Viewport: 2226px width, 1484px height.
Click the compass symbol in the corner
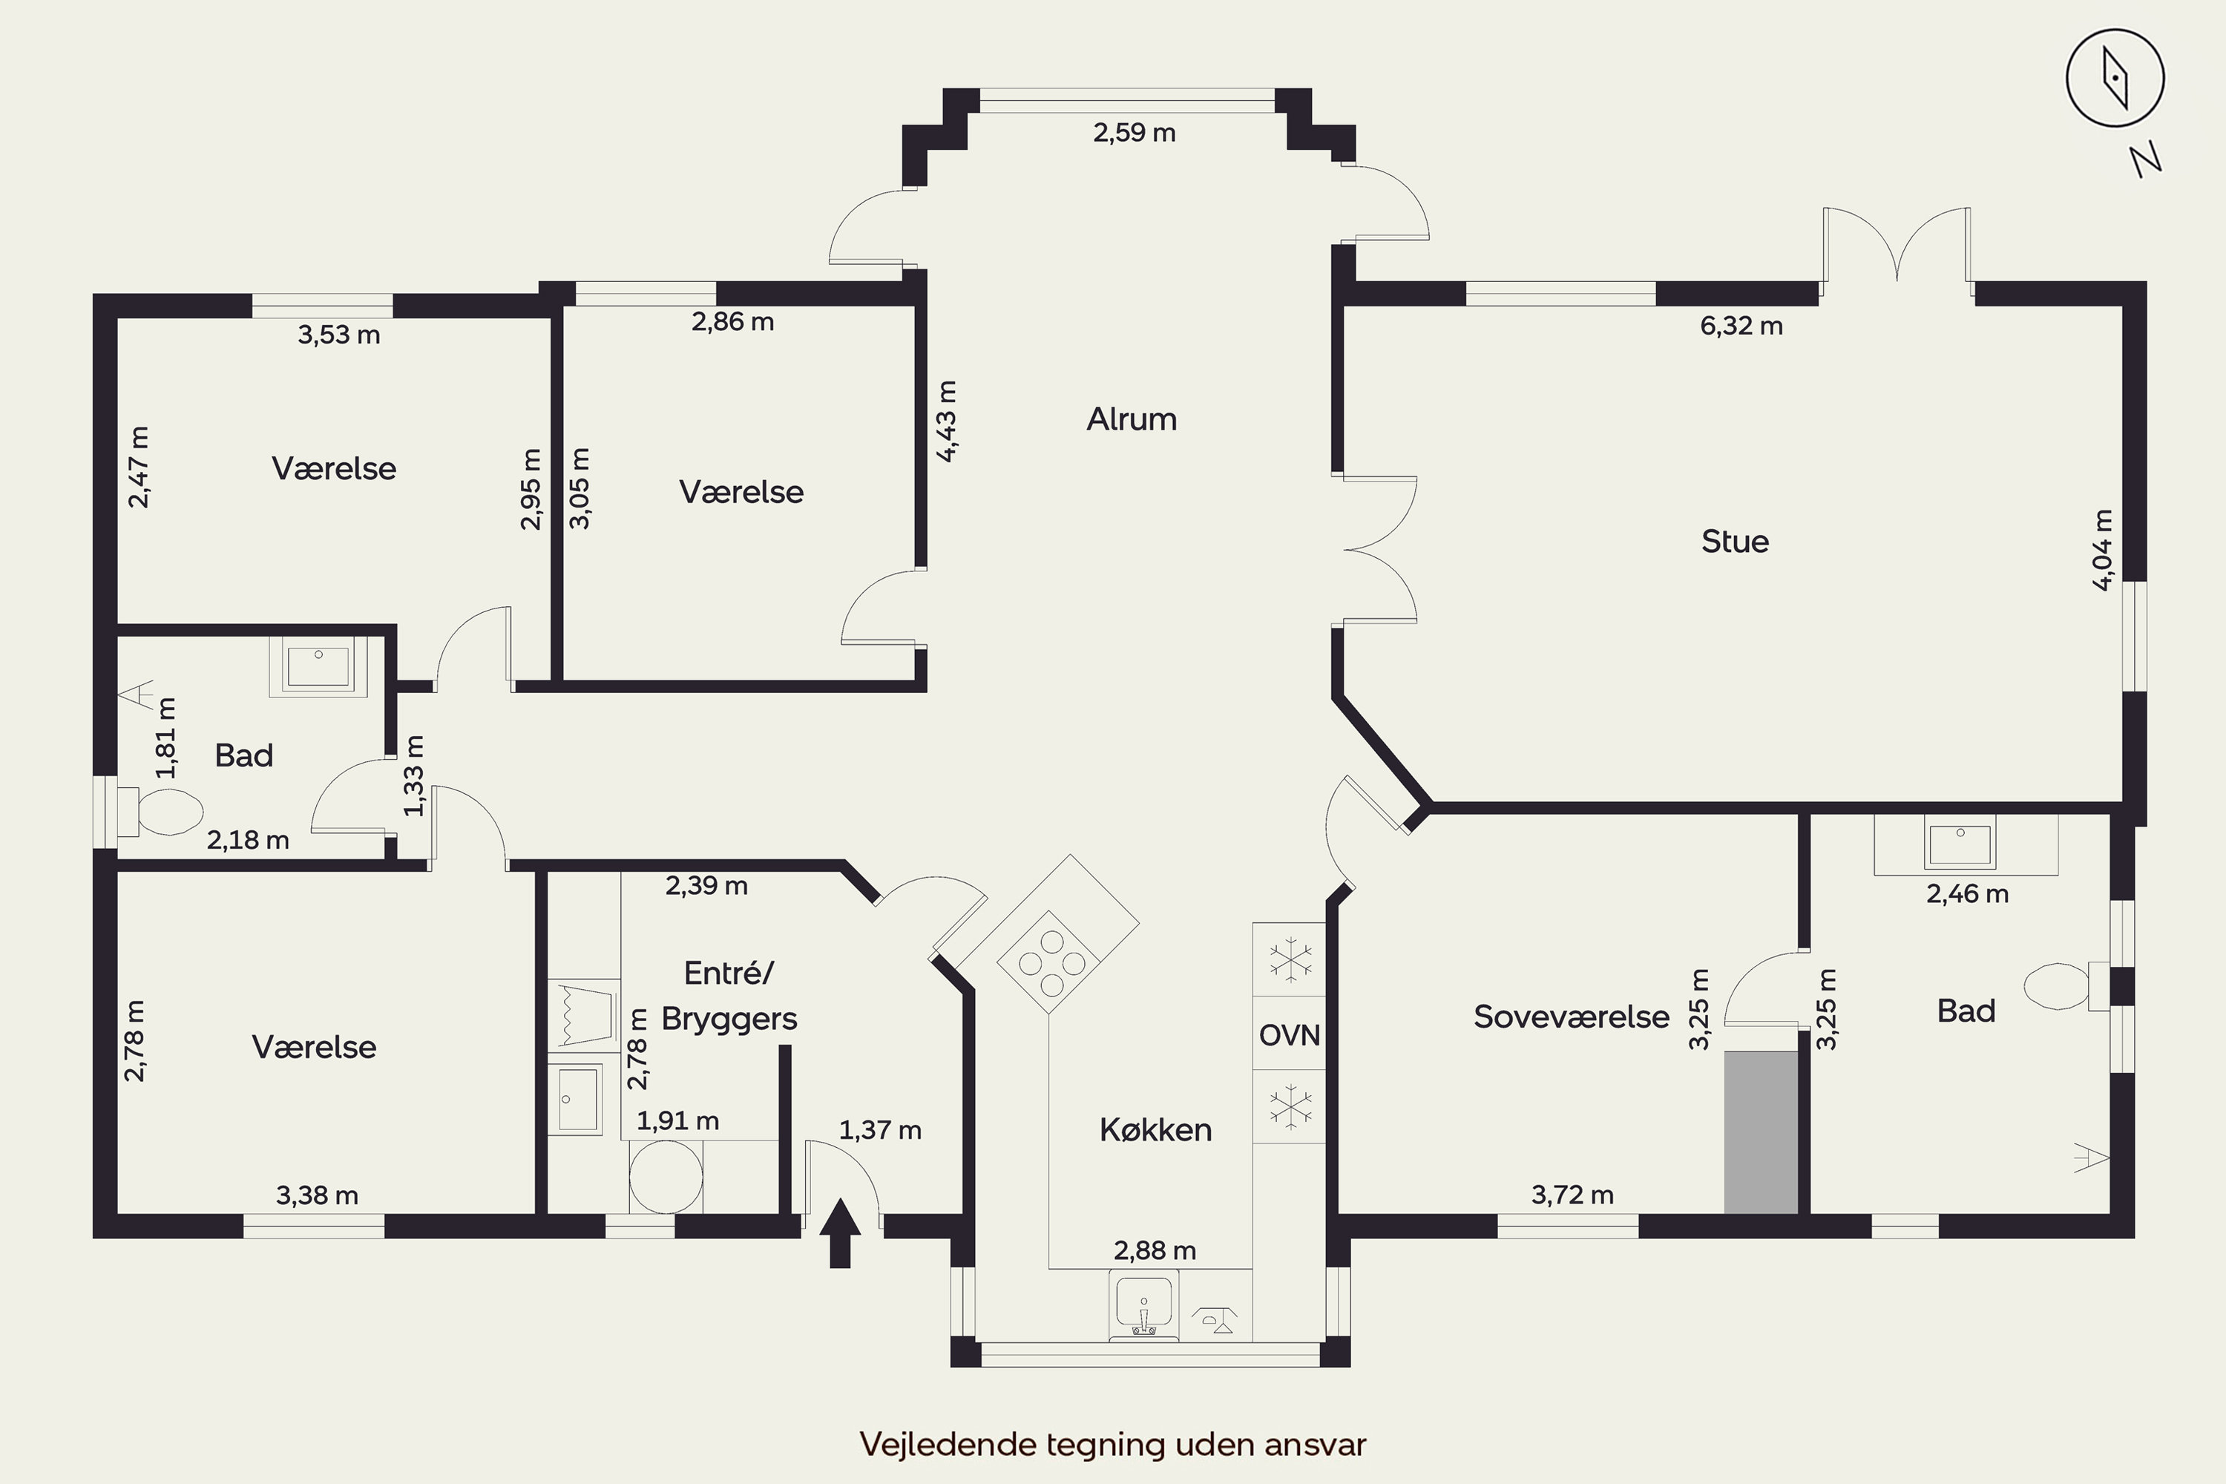tap(2114, 78)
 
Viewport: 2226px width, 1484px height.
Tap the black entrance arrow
tap(839, 1233)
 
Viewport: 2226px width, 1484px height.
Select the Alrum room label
tap(1132, 419)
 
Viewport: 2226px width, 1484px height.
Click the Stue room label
tap(1735, 542)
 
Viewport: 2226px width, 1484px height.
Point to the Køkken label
tap(1155, 1130)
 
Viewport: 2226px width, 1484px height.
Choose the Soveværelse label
tap(1571, 1017)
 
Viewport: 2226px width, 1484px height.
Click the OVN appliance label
tap(1289, 1035)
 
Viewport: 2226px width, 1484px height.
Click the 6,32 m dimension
tap(1741, 326)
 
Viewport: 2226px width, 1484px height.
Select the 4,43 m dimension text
tap(947, 421)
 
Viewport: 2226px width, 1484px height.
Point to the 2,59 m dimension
tap(1135, 133)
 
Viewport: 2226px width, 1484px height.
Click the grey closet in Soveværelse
tap(1760, 1132)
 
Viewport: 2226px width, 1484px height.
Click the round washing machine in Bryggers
tap(666, 1176)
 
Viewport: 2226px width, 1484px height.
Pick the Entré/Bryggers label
tap(729, 996)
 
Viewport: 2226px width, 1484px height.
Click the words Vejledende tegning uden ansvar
tap(1113, 1444)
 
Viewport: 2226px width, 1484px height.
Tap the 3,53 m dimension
tap(339, 335)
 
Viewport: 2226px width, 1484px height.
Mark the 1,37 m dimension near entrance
tap(880, 1130)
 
